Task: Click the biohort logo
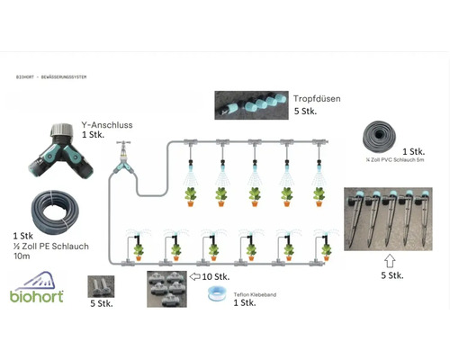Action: pyautogui.click(x=37, y=292)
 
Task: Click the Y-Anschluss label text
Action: pyautogui.click(x=106, y=125)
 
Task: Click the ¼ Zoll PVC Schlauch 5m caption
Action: pyautogui.click(x=390, y=161)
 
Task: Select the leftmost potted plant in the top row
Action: pyautogui.click(x=190, y=193)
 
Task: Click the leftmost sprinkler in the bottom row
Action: pyautogui.click(x=138, y=243)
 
